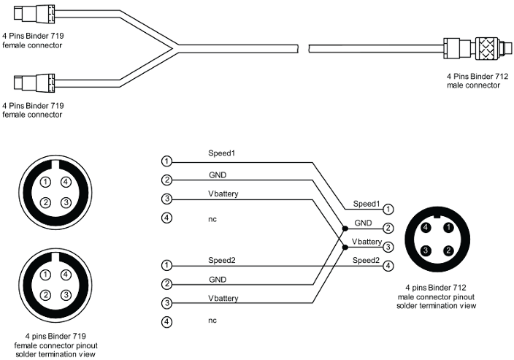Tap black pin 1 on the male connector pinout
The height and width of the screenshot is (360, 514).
point(446,228)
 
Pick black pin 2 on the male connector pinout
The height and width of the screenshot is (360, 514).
point(446,251)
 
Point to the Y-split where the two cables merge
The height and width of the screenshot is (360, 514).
point(172,49)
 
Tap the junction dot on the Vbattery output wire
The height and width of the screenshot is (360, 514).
point(345,247)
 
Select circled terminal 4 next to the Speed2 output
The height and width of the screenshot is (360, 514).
point(389,266)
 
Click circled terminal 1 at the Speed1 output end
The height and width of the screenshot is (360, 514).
point(389,210)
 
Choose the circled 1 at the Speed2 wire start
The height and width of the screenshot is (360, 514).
point(167,265)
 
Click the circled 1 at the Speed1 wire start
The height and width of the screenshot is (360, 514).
point(167,161)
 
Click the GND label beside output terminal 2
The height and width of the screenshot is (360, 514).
point(364,222)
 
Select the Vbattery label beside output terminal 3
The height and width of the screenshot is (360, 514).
point(365,241)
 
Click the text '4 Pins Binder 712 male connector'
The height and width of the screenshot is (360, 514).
point(473,80)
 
